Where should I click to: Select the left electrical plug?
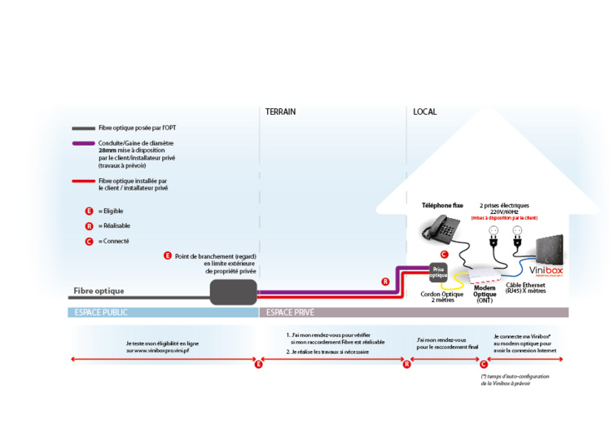pyautogui.click(x=492, y=238)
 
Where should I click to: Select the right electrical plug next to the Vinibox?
pyautogui.click(x=516, y=238)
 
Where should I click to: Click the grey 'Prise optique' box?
pyautogui.click(x=439, y=271)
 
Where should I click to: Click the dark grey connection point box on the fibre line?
pyautogui.click(x=233, y=291)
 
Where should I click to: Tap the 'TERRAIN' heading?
pyautogui.click(x=280, y=111)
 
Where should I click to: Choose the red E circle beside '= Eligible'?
pyautogui.click(x=89, y=211)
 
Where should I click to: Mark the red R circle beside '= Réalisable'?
pyautogui.click(x=89, y=225)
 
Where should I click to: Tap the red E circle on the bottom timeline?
pyautogui.click(x=258, y=365)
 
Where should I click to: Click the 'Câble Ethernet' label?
pyautogui.click(x=525, y=288)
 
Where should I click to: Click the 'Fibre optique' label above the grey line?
pyautogui.click(x=99, y=291)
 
